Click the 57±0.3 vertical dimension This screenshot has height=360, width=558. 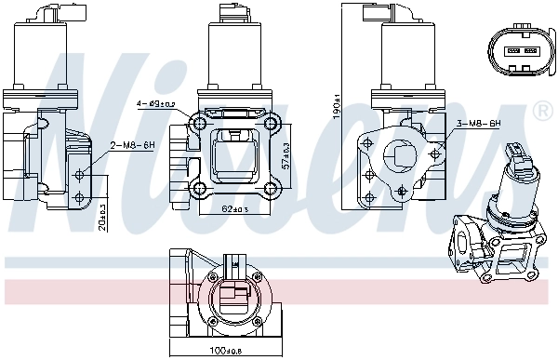point(286,154)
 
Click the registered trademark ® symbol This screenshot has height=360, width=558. point(544,112)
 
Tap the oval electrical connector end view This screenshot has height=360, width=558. point(518,51)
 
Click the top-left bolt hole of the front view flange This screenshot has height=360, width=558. point(197,125)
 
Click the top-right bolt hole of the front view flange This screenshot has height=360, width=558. point(271,125)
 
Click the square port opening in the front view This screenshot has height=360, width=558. point(233,156)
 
